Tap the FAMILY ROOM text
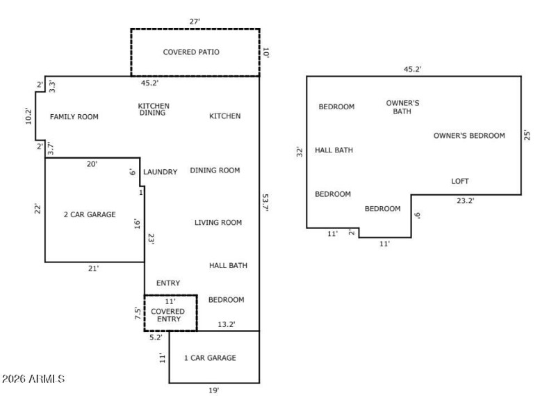tap(74, 117)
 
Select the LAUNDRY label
tap(160, 172)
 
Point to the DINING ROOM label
tap(215, 170)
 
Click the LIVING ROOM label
tap(218, 223)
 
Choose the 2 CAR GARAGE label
tap(89, 214)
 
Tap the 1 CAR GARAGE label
tap(210, 358)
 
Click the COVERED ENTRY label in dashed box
tap(167, 315)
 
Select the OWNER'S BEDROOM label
tap(469, 136)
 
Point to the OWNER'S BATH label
tap(402, 106)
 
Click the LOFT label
tap(460, 181)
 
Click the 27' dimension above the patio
tap(195, 22)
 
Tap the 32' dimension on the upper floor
tap(300, 151)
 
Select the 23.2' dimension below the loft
tap(465, 200)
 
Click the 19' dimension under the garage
tap(214, 390)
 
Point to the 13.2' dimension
tap(227, 324)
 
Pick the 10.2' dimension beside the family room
tap(28, 116)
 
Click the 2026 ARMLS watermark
tap(33, 379)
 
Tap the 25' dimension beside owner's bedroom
tap(528, 134)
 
